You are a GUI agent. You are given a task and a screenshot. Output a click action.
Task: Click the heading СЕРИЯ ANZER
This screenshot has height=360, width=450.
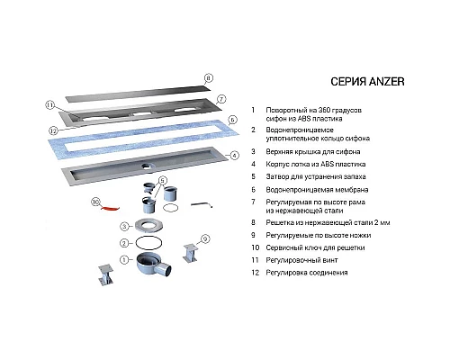[x=367, y=82]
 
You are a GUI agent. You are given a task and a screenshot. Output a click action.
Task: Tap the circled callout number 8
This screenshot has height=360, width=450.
[x=209, y=78]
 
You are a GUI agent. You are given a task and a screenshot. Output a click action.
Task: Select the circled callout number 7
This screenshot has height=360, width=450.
[x=220, y=99]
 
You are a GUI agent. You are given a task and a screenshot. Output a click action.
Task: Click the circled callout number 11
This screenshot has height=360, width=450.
[x=50, y=105]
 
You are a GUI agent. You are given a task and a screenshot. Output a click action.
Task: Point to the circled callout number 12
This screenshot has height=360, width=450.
[x=53, y=130]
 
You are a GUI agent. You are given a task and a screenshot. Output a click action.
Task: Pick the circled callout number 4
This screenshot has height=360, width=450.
[x=235, y=156]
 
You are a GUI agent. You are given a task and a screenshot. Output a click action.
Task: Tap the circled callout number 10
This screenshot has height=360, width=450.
[x=95, y=202]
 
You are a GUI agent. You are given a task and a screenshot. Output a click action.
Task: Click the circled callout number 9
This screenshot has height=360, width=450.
[x=205, y=239]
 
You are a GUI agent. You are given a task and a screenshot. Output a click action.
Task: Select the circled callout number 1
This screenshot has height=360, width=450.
[x=124, y=260]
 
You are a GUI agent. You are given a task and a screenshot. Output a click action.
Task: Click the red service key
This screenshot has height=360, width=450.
[x=110, y=209]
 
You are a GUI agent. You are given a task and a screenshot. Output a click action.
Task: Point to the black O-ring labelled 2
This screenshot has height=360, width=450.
[x=149, y=242]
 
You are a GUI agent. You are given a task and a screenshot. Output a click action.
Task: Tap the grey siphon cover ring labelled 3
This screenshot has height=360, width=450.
[x=149, y=225]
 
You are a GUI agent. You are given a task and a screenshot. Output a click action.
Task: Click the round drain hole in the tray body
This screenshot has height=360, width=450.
[x=148, y=166]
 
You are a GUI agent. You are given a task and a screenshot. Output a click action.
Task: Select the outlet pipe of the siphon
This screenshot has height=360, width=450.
[x=165, y=269]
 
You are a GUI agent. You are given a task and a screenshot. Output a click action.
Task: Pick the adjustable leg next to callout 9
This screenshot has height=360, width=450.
[x=190, y=253]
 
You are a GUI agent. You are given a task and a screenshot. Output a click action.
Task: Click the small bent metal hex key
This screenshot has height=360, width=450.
[x=202, y=204]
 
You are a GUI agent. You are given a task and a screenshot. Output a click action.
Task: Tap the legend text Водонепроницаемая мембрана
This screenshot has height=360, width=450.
[x=317, y=190]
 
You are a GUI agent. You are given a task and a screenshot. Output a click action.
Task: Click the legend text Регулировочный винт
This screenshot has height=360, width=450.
[x=301, y=260]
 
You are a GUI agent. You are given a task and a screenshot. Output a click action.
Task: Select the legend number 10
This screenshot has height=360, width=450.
[x=256, y=247]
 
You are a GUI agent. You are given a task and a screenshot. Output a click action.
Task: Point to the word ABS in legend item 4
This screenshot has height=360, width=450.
[x=327, y=165]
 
